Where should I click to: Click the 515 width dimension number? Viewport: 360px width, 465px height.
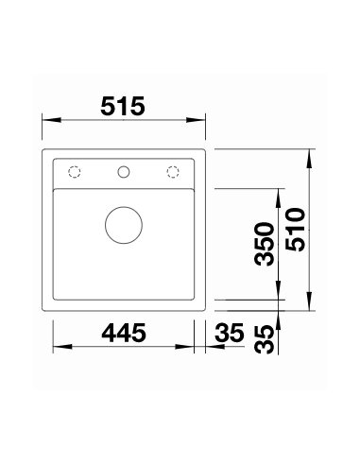[123, 106]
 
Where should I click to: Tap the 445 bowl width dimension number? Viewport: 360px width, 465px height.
[124, 333]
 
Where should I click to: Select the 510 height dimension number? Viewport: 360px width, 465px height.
[296, 230]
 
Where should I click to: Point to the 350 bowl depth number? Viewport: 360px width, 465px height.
[265, 244]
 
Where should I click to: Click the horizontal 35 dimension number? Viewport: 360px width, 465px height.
[230, 333]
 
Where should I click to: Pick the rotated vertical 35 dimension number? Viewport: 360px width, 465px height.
[265, 339]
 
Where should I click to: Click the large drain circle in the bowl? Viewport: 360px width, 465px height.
[124, 225]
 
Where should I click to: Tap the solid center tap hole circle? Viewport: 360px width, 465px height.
[124, 172]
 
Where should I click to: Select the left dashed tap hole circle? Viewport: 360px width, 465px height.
[75, 172]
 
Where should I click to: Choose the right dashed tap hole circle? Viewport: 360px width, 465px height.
[173, 172]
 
